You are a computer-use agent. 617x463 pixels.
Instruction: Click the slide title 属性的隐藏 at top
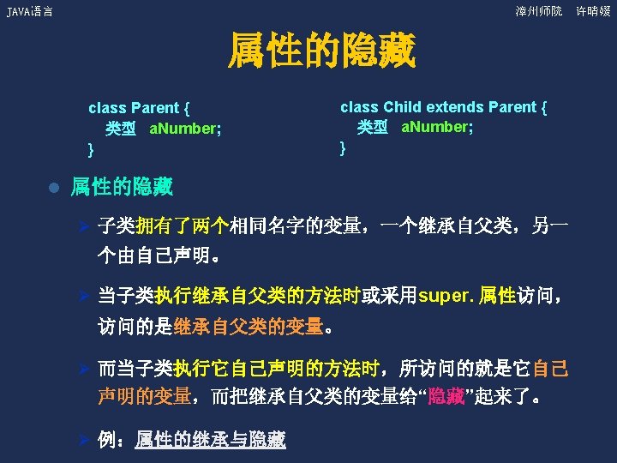(320, 52)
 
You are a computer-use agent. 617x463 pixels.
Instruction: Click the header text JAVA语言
(29, 11)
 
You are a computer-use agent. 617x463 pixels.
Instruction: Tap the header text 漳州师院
(538, 11)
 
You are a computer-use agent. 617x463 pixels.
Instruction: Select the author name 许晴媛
(593, 11)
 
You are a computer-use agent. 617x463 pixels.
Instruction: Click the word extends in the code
(454, 107)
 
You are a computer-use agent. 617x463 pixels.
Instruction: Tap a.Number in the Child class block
(437, 127)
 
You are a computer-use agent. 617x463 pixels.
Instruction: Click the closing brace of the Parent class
(91, 150)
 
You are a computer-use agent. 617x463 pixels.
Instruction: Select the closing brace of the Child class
(343, 147)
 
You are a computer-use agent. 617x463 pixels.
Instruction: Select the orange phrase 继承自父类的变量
(248, 327)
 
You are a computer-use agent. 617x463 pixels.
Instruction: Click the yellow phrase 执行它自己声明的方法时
(277, 370)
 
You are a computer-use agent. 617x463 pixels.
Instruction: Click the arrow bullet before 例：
(84, 440)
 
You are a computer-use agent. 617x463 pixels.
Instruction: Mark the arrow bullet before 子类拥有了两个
(84, 226)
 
